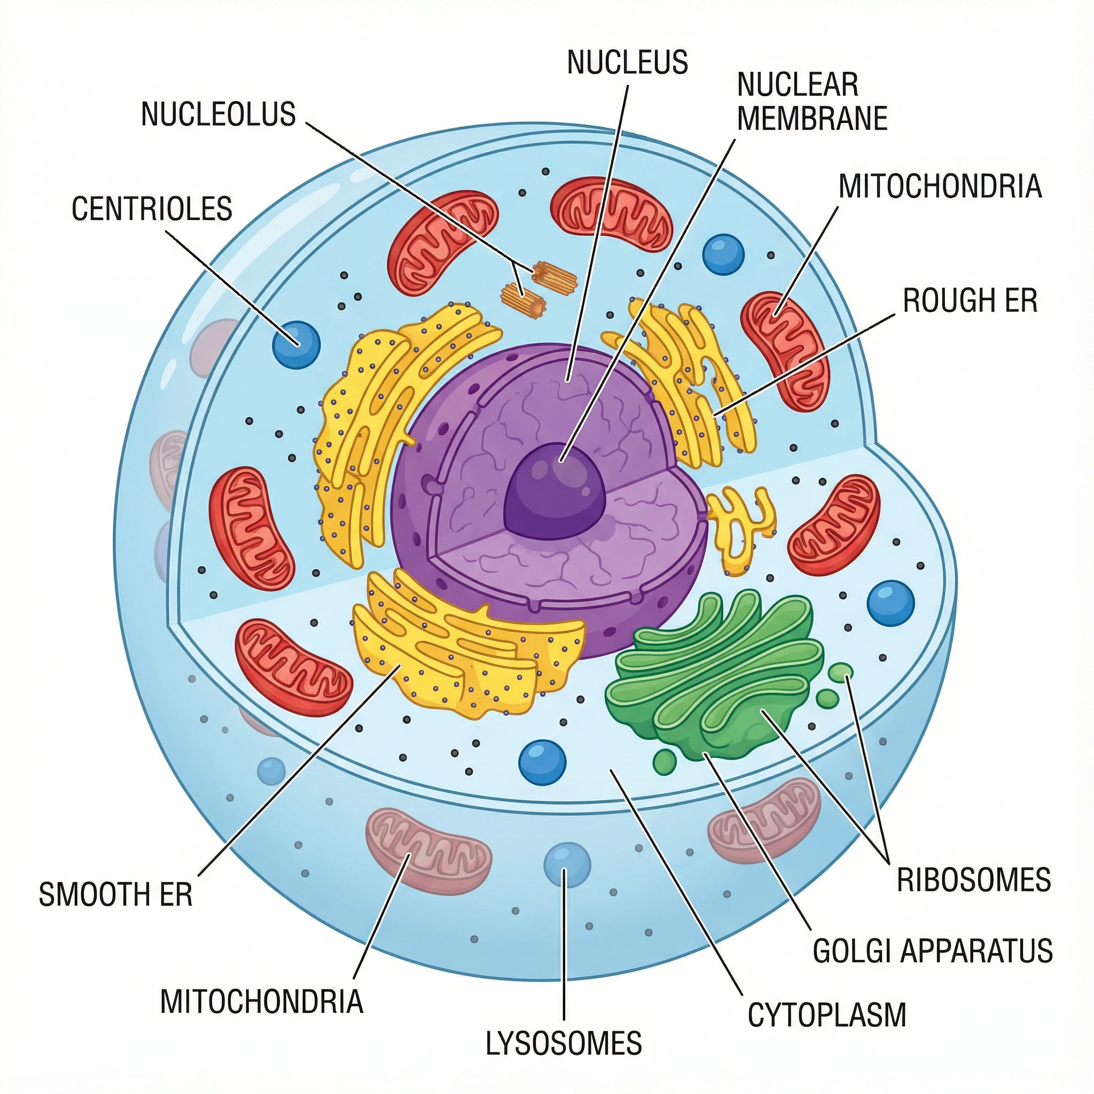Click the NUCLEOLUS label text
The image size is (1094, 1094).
tap(218, 114)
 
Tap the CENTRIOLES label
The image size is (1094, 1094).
tap(152, 208)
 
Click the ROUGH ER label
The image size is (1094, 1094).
tap(970, 300)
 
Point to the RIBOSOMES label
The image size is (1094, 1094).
tap(973, 880)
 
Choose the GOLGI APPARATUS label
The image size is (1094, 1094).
tap(932, 951)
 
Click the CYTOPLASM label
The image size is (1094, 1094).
tap(827, 1015)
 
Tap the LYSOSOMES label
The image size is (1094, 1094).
tap(564, 1043)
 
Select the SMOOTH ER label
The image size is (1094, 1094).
tap(115, 895)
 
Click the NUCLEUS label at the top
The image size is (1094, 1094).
tap(628, 62)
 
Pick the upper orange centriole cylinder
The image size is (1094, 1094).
tap(554, 276)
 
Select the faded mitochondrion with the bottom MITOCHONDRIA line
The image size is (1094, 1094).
tap(428, 850)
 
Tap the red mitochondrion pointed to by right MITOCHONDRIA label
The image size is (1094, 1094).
tap(784, 351)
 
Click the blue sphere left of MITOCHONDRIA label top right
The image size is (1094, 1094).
tap(723, 255)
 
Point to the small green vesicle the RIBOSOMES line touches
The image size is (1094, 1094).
tap(840, 673)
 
